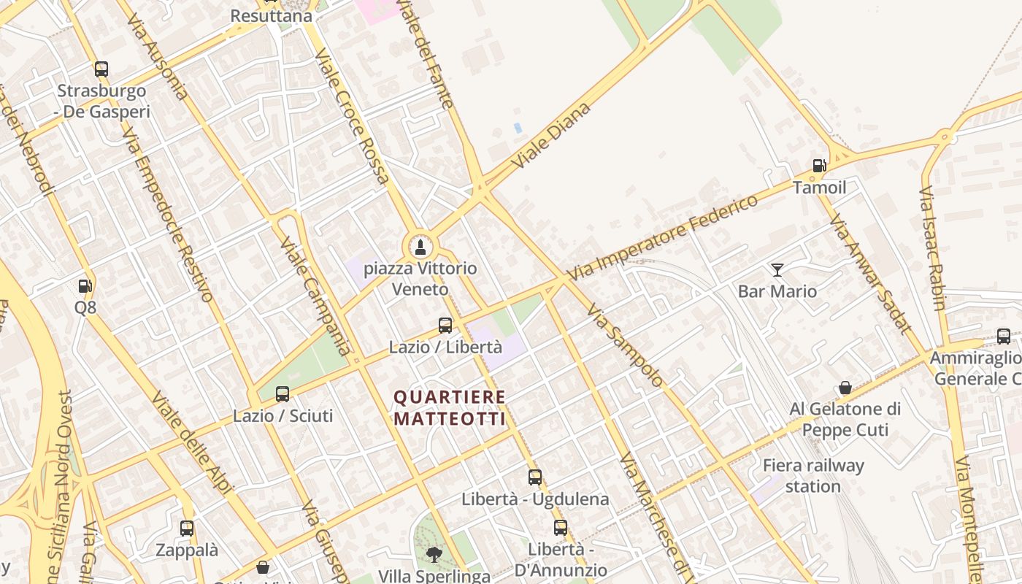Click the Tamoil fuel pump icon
[819, 166]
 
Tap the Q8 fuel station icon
[85, 286]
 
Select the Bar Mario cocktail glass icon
[777, 270]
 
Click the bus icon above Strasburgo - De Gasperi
[101, 69]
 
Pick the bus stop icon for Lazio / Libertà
[445, 326]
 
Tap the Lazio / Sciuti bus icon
[283, 394]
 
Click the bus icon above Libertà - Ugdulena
[535, 477]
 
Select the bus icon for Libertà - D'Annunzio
[560, 528]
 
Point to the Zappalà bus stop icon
[187, 529]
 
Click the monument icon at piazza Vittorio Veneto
[420, 246]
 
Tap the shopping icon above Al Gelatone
[845, 388]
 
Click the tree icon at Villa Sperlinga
[434, 553]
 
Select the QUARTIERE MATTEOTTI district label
[450, 407]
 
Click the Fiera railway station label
[813, 475]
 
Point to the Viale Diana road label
[551, 136]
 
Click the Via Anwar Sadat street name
[871, 274]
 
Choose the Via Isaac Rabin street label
[932, 248]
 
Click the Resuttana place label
[271, 15]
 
